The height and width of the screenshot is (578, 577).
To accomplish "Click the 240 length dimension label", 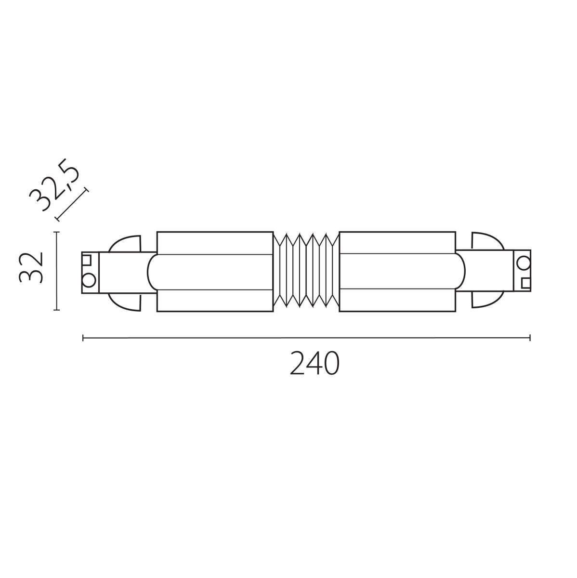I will pyautogui.click(x=315, y=364).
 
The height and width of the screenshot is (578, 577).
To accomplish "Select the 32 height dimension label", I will pyautogui.click(x=31, y=267).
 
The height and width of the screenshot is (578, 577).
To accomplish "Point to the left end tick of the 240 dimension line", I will pyautogui.click(x=84, y=338).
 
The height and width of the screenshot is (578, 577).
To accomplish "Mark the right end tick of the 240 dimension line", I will pyautogui.click(x=530, y=338).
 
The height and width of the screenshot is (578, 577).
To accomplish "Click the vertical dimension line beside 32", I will pyautogui.click(x=57, y=271).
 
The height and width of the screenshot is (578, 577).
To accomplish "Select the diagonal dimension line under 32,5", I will pyautogui.click(x=72, y=204).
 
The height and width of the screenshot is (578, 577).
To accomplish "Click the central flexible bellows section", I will pyautogui.click(x=306, y=271).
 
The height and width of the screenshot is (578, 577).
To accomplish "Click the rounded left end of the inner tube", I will pyautogui.click(x=152, y=272).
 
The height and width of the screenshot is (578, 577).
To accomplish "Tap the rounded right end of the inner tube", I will pyautogui.click(x=460, y=272).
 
